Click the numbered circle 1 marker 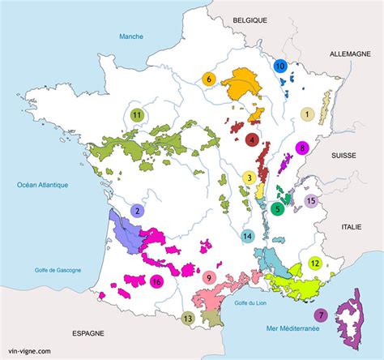307,114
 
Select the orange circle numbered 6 208,79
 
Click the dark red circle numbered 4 252,139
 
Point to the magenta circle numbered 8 302,148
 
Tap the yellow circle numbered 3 250,178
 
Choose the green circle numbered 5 278,208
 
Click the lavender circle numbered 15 310,201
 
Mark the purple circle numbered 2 138,211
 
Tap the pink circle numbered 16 156,281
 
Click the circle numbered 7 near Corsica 320,315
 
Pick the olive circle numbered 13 188,319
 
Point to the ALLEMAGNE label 349,53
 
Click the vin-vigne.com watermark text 29,351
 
